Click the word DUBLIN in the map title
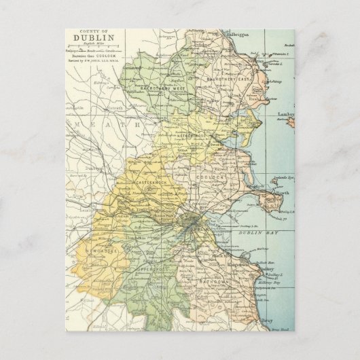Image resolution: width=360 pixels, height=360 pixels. [97, 39]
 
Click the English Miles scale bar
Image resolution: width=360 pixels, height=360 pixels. [97, 51]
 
